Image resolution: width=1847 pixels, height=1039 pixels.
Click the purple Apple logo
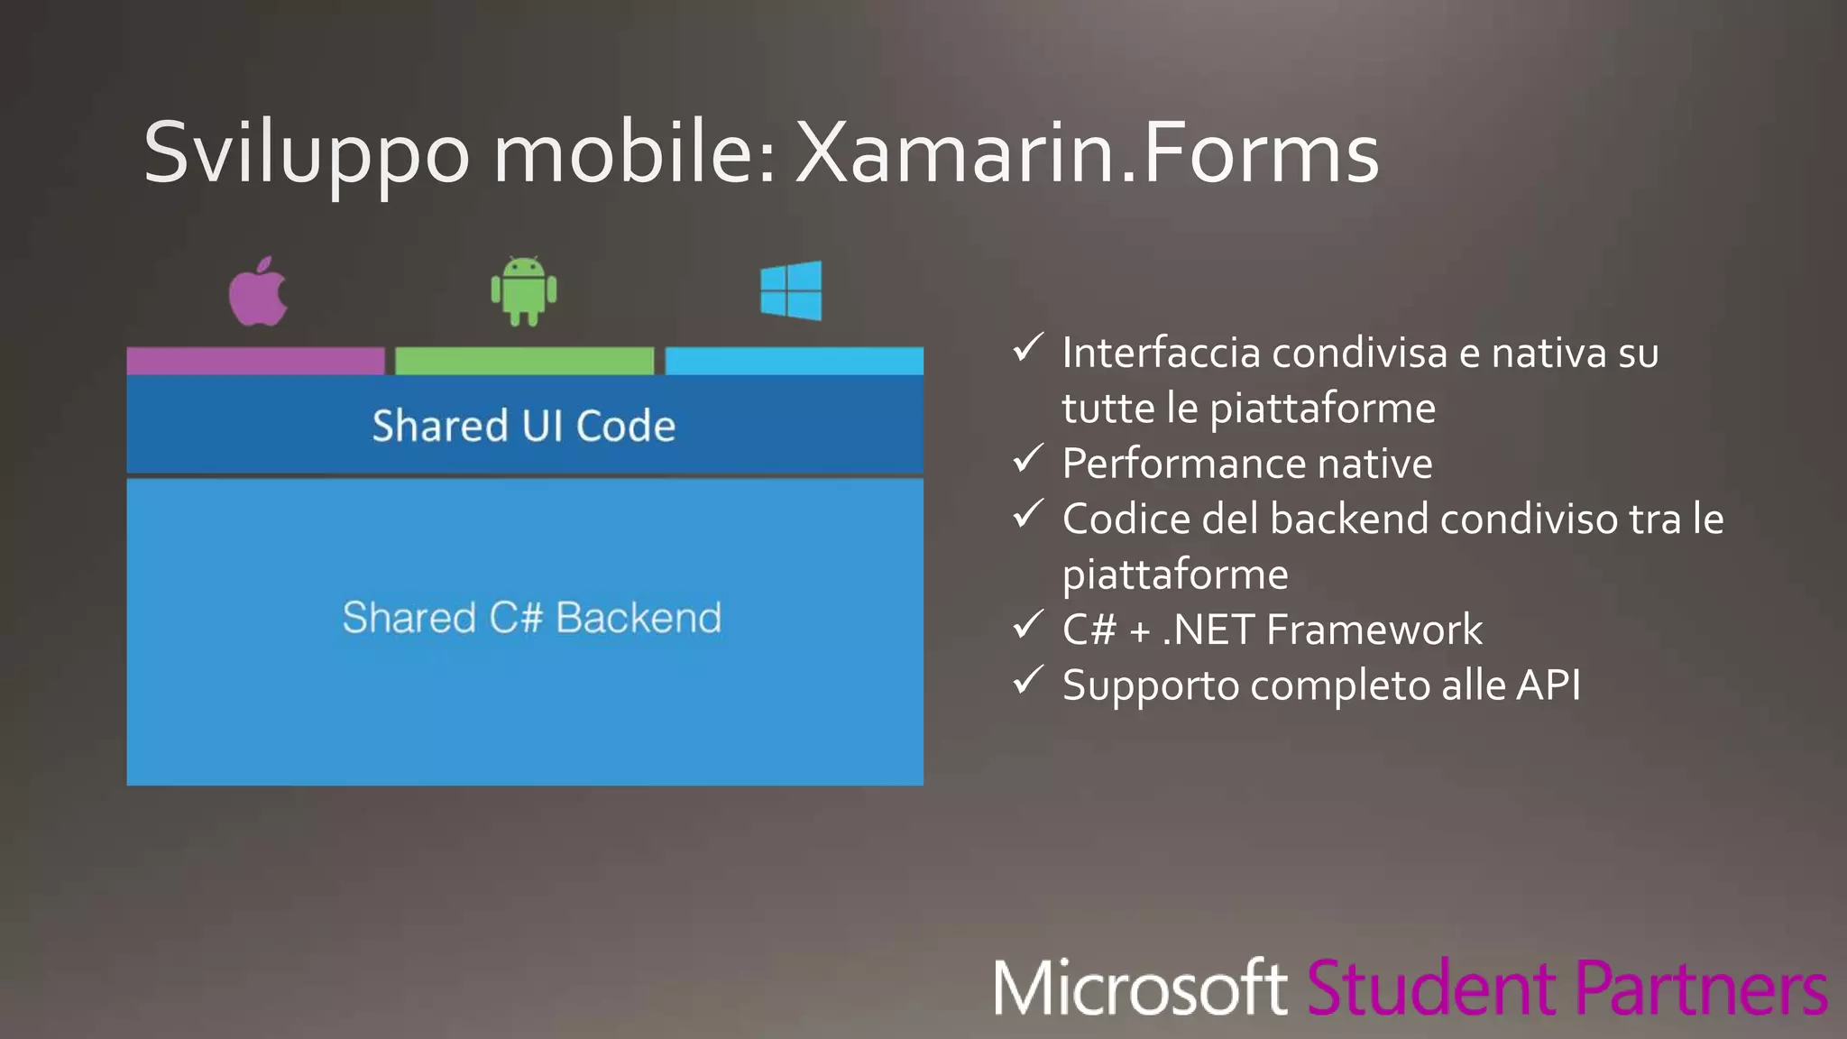[x=258, y=292]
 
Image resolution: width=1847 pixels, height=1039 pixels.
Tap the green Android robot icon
[x=524, y=291]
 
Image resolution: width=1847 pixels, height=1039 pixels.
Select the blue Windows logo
[x=791, y=290]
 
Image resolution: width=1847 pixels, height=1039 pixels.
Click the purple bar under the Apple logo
[x=255, y=361]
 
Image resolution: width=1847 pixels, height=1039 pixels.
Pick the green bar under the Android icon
[x=524, y=361]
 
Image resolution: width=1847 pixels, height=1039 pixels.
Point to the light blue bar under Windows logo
[x=794, y=361]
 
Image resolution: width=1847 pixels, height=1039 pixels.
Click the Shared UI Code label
[x=523, y=426]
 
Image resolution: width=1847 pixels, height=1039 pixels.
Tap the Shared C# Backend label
[x=531, y=618]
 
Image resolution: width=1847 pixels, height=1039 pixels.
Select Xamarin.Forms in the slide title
[x=1087, y=153]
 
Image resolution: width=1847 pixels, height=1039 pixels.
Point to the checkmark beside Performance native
[x=1028, y=460]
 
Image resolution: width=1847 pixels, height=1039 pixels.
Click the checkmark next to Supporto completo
[x=1028, y=681]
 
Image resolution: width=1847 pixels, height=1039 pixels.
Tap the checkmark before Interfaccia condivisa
[x=1028, y=348]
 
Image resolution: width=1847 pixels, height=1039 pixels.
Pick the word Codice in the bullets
[x=1126, y=519]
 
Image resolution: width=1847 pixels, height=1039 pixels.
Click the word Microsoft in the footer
[x=1140, y=988]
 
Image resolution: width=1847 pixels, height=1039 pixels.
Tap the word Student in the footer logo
[x=1430, y=988]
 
